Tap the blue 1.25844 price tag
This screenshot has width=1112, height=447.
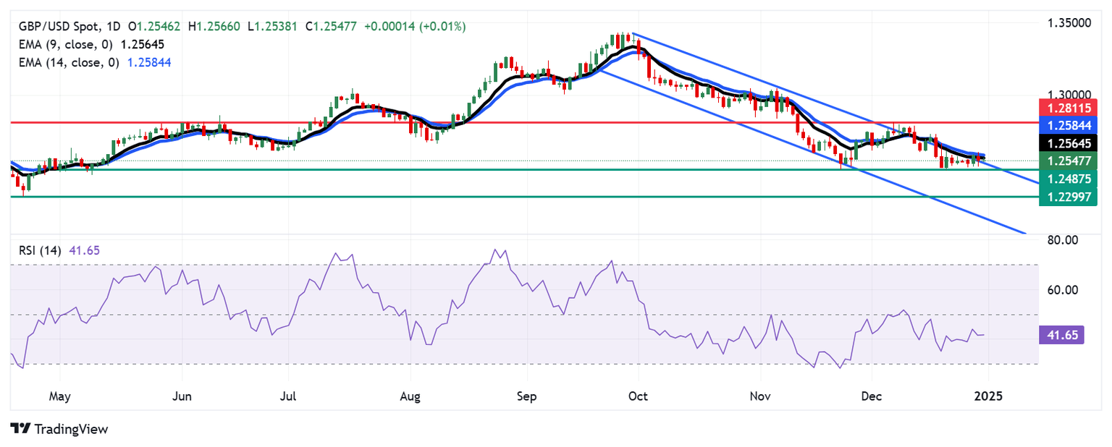pyautogui.click(x=1068, y=125)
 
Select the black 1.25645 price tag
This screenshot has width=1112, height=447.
pyautogui.click(x=1068, y=142)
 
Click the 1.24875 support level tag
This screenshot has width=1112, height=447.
pyautogui.click(x=1068, y=178)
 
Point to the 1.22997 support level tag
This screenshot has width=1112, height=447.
pyautogui.click(x=1068, y=196)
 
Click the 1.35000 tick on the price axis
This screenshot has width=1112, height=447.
pyautogui.click(x=1070, y=23)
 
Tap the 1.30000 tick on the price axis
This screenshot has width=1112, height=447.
pyautogui.click(x=1070, y=95)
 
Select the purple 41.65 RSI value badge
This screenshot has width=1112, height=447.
pyautogui.click(x=1061, y=334)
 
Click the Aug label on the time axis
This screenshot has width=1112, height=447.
pyautogui.click(x=410, y=397)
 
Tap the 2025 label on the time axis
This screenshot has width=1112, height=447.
pyautogui.click(x=987, y=397)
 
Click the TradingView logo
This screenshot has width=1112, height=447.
pyautogui.click(x=59, y=429)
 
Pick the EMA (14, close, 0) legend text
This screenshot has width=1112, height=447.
pyautogui.click(x=69, y=62)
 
